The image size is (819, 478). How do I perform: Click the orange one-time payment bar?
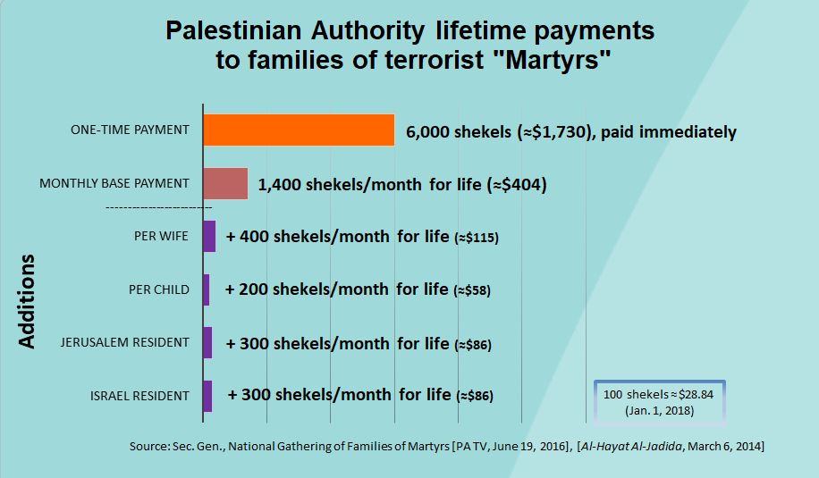tap(299, 130)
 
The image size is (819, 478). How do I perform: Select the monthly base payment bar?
tap(225, 183)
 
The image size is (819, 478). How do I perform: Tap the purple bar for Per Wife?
tap(209, 237)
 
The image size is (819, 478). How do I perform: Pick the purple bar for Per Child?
tap(207, 289)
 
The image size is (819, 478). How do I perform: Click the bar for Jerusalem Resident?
tap(207, 342)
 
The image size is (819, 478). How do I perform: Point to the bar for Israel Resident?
tap(207, 396)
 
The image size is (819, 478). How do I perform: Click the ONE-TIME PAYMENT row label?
tap(130, 130)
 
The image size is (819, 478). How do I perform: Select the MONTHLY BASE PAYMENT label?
tap(114, 183)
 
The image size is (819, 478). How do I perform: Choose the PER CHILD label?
tap(158, 289)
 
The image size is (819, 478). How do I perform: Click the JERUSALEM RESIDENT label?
tap(124, 342)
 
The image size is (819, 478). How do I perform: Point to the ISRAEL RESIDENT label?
tap(139, 396)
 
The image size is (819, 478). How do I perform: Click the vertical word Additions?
tap(27, 301)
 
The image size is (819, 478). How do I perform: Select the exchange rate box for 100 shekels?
tap(660, 403)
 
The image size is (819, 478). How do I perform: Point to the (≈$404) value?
tap(515, 186)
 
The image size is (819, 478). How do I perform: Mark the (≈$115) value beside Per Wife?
tap(476, 239)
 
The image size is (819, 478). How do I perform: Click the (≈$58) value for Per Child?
tap(472, 291)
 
